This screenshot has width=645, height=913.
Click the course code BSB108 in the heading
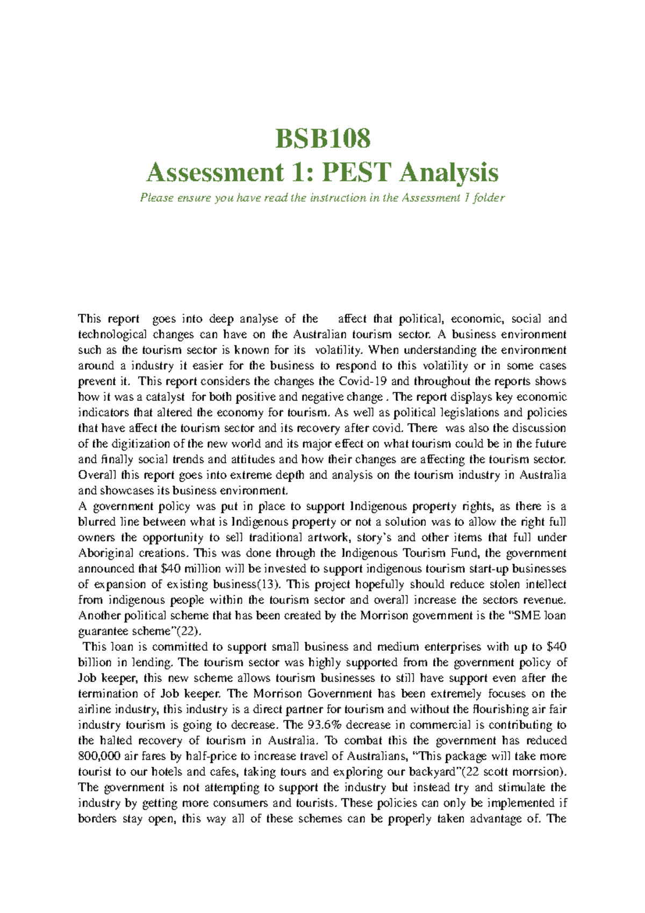[x=322, y=138]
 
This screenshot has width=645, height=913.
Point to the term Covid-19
[x=363, y=381]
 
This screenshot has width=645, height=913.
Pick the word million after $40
[x=202, y=568]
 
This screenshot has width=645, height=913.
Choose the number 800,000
[x=99, y=756]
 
